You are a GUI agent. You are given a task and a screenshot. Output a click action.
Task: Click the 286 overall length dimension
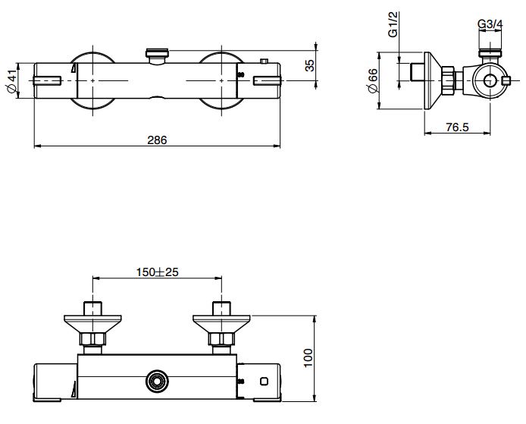tap(157, 140)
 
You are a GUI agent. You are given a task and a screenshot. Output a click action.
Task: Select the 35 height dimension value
tap(309, 65)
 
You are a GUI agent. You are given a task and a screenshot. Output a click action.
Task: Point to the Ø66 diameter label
tap(374, 80)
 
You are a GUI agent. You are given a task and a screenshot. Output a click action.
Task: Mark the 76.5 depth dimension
tap(456, 127)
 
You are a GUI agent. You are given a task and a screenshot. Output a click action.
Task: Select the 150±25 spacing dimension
tap(157, 272)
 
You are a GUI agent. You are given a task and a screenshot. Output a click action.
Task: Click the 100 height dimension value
tap(308, 357)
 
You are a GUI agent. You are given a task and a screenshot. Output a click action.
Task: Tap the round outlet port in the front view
tap(158, 380)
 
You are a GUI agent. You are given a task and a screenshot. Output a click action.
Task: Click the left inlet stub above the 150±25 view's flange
tap(93, 307)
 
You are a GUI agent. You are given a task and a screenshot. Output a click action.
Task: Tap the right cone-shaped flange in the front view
tap(221, 322)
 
